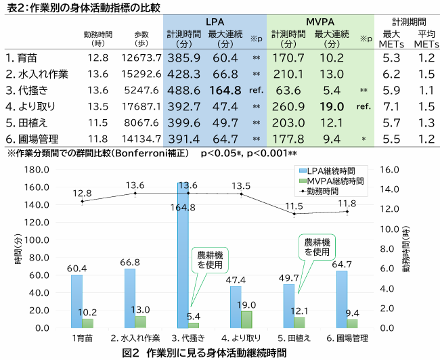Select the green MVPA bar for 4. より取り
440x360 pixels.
coord(248,319)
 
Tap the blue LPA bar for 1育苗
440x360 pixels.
coord(76,301)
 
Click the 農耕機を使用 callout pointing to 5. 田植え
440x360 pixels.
coord(317,246)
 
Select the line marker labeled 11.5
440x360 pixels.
coord(294,214)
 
